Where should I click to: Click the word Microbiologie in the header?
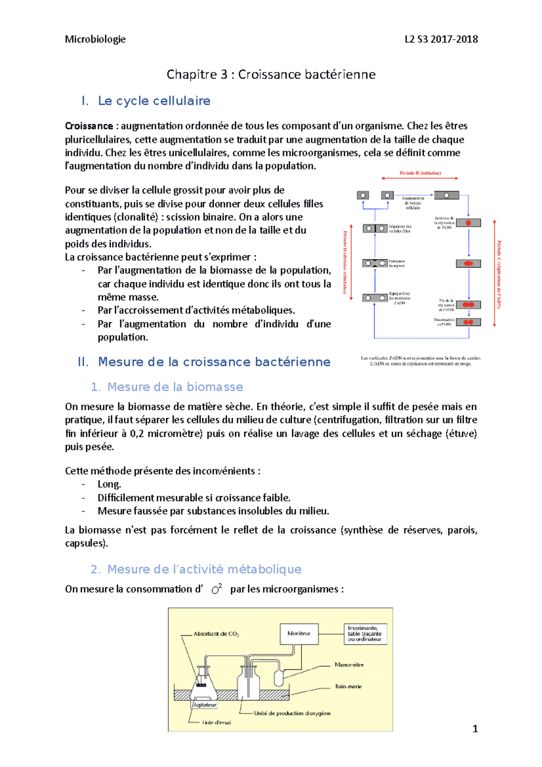95,39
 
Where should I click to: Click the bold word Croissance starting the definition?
89,126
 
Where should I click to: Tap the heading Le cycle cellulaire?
154,101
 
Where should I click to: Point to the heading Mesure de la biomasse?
175,387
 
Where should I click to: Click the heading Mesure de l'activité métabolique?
204,569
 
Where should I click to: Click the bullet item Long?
109,484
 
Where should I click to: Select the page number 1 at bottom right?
475,729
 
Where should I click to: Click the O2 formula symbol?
217,589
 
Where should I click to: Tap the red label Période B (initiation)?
420,173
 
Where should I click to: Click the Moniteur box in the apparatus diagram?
299,634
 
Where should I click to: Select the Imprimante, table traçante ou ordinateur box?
365,634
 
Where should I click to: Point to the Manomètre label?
349,665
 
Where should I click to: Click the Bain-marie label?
348,687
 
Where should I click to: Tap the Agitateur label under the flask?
205,705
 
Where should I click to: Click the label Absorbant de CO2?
216,634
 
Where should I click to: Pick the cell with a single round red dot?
468,223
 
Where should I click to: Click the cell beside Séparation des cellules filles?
375,229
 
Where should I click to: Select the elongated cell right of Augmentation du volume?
446,196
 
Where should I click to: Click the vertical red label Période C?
499,274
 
